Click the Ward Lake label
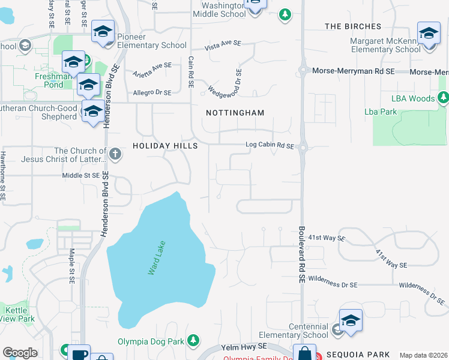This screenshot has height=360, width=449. [x=157, y=258]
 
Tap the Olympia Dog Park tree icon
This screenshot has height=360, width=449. [x=193, y=341]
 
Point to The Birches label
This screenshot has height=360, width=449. [x=353, y=26]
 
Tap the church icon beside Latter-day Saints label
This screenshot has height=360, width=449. [x=115, y=155]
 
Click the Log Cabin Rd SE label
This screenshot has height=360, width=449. [x=270, y=145]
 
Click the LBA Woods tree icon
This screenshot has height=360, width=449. [x=443, y=97]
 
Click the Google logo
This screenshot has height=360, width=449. [x=20, y=353]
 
